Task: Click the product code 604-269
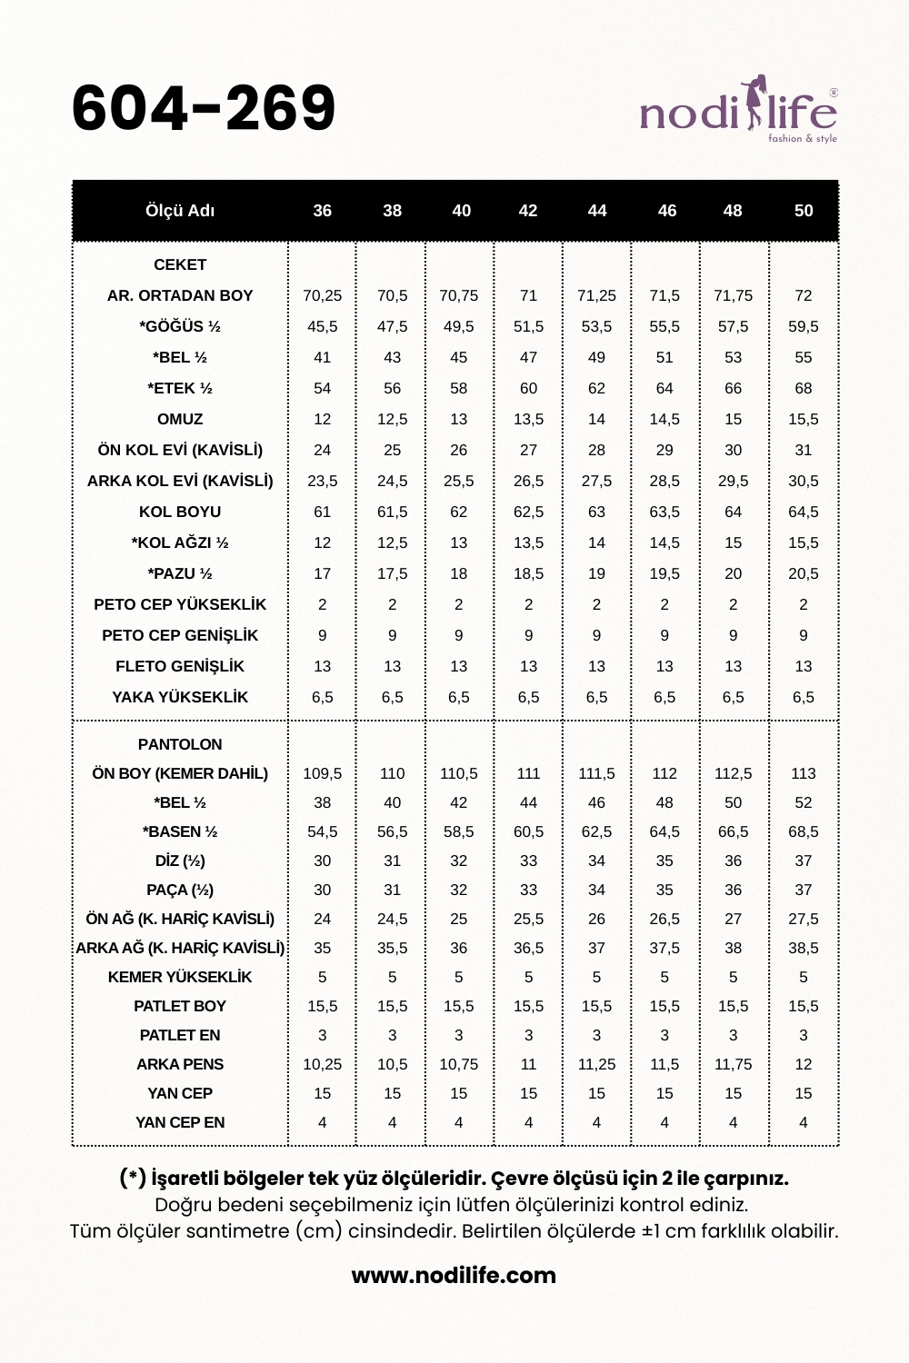204,108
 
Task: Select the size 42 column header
528,211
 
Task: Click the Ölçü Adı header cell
180,211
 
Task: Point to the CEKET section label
180,264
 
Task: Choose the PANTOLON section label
180,744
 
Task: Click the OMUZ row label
180,419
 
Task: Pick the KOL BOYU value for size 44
596,512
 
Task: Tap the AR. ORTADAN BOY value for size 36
323,295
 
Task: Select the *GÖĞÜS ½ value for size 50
804,326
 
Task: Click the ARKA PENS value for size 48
733,1064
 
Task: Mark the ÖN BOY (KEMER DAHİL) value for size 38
393,773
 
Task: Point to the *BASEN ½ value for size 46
664,831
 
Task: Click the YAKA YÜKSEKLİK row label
180,697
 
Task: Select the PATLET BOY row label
180,1006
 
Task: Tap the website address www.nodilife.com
454,1275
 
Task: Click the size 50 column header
804,211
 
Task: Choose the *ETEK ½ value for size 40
459,388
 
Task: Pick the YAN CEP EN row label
180,1122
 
